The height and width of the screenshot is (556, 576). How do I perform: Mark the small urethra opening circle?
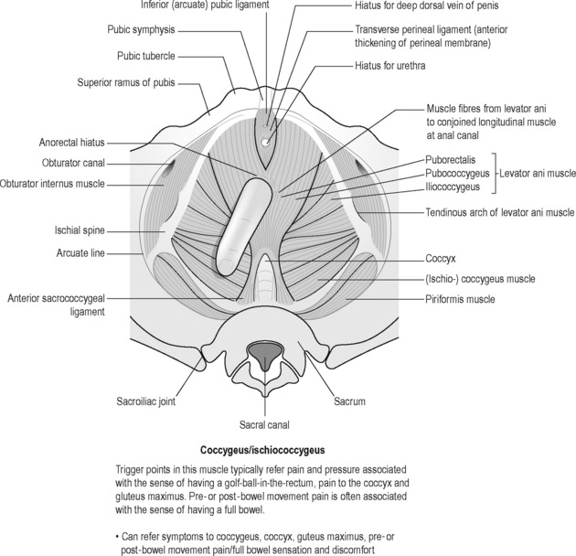tap(266, 143)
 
